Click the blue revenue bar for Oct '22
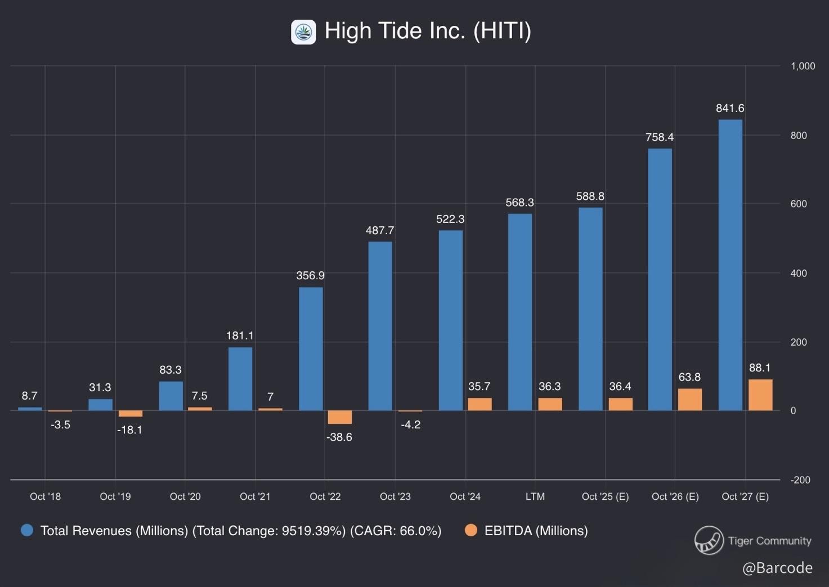pos(311,349)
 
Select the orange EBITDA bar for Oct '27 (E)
pos(760,395)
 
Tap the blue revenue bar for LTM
pos(520,312)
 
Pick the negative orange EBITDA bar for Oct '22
pos(339,417)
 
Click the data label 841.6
pos(730,108)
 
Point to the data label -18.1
pos(129,430)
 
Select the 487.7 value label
pos(380,230)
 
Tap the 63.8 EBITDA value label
pos(689,377)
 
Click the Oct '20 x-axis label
pos(185,496)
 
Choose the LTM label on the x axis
pos(535,496)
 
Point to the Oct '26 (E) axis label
pos(675,496)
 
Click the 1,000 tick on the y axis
pos(803,66)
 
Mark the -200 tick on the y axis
pos(800,480)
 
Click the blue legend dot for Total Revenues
pos(27,530)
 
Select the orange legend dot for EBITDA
pos(471,530)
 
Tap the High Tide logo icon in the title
pos(303,32)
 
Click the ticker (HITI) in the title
pos(502,31)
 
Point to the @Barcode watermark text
pos(777,568)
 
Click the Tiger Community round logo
pos(709,540)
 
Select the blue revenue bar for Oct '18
pos(30,409)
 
